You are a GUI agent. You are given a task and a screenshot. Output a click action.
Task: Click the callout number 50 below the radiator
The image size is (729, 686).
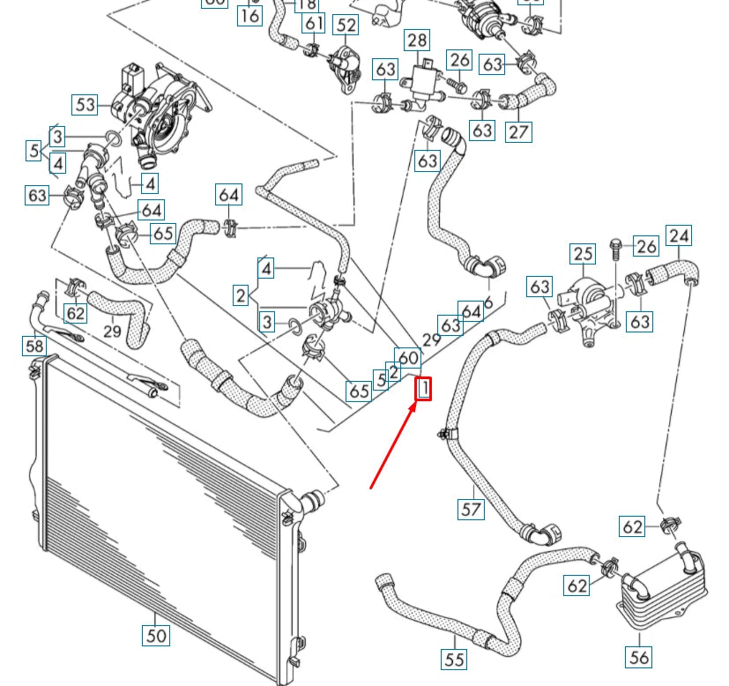[155, 634]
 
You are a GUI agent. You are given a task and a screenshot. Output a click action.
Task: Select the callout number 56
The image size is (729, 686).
[639, 656]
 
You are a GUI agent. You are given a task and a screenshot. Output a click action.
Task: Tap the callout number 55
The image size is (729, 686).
[454, 659]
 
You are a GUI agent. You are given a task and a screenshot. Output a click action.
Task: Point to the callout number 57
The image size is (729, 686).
[472, 509]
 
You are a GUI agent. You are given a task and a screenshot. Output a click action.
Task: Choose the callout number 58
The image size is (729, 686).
[33, 346]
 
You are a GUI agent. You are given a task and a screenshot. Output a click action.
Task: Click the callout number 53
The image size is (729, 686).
[85, 105]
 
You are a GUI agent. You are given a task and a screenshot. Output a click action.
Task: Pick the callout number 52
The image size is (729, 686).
[346, 26]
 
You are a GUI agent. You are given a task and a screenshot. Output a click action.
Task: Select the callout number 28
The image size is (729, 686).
[416, 40]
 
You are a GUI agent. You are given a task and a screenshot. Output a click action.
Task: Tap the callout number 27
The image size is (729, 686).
[519, 131]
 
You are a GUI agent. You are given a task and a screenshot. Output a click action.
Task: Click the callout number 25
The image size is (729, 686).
[583, 255]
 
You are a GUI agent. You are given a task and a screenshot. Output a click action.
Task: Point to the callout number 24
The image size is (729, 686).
[679, 235]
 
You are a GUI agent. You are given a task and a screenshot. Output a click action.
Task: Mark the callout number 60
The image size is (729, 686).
[407, 357]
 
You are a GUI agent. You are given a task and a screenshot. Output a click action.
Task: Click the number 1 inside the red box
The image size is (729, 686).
[424, 388]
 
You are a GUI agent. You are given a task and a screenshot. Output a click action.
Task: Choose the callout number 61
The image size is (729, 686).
[314, 22]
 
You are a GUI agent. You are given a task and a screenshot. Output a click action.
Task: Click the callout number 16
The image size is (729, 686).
[250, 15]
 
